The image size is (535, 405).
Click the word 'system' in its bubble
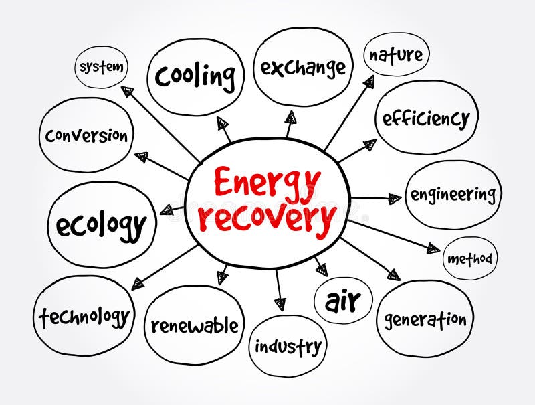(101, 67)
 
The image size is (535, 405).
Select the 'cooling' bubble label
(195, 76)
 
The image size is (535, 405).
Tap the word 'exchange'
(303, 67)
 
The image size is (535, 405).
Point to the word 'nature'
(396, 54)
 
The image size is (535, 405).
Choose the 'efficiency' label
(426, 118)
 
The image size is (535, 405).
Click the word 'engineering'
(453, 195)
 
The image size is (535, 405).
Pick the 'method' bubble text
(469, 258)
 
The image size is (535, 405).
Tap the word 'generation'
(425, 319)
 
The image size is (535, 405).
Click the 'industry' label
(288, 347)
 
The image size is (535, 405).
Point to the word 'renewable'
(194, 326)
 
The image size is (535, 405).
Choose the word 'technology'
(84, 315)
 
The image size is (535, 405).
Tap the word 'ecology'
(101, 225)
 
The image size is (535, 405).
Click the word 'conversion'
(86, 135)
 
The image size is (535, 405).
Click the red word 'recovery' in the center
(267, 218)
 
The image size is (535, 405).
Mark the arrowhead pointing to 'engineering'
(395, 198)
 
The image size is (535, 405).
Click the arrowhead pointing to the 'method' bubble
(433, 249)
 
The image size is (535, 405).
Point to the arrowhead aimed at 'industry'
(280, 303)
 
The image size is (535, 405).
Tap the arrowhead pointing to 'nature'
(368, 82)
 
